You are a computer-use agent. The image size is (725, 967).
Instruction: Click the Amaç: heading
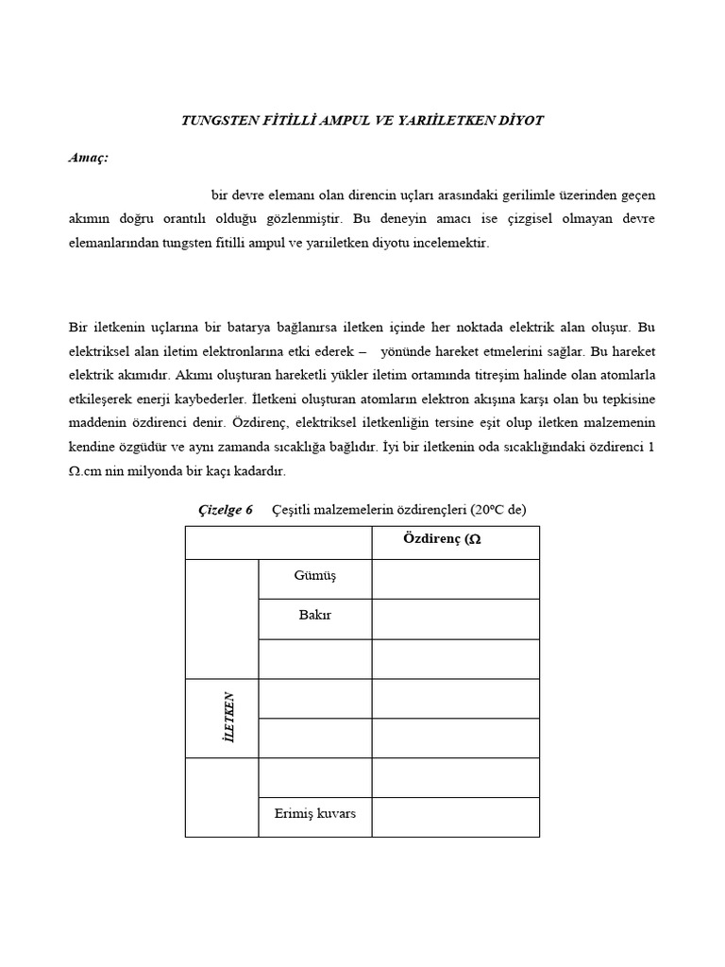[x=88, y=158]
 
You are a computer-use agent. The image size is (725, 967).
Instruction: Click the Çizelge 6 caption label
[x=226, y=509]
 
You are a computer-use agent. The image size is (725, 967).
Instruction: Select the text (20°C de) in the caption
[x=494, y=509]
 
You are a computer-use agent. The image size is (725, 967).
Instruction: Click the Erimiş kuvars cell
[x=315, y=814]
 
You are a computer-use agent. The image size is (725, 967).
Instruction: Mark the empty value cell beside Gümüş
[x=455, y=578]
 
